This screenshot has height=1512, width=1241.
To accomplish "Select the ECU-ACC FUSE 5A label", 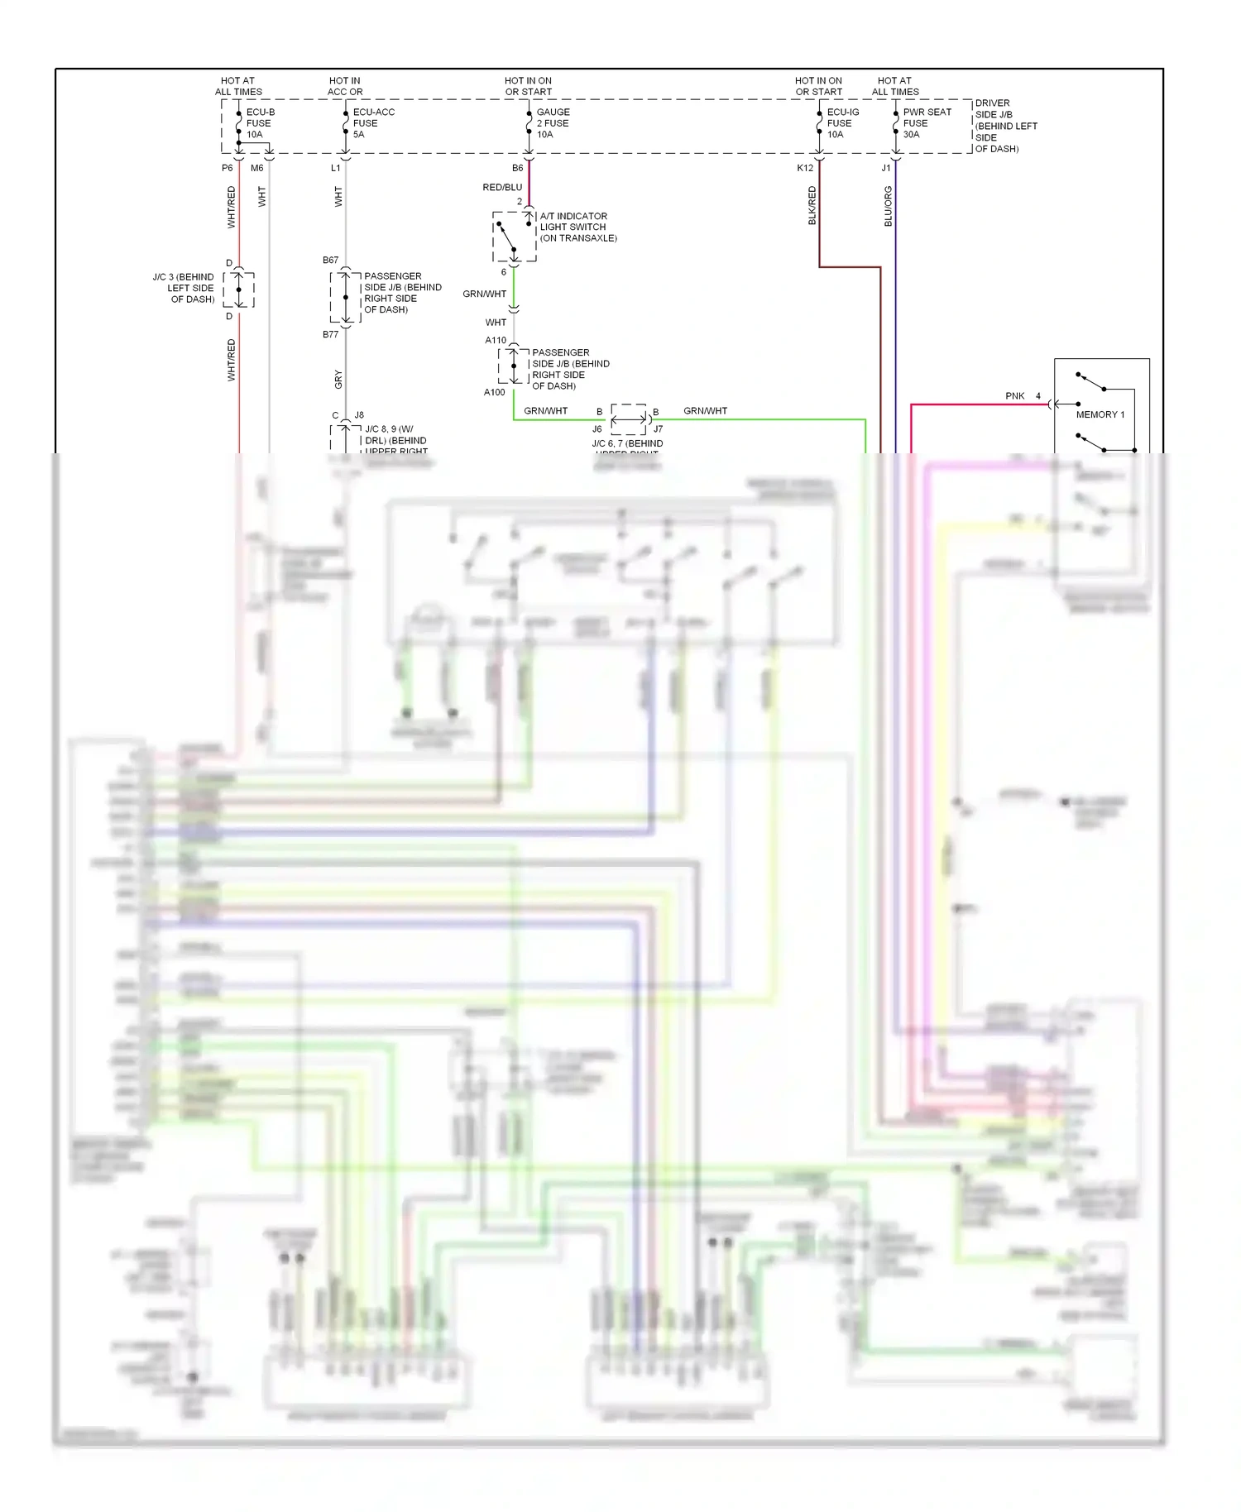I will pyautogui.click(x=372, y=123).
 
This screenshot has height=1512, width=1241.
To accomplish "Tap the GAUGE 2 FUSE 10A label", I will pyautogui.click(x=553, y=123).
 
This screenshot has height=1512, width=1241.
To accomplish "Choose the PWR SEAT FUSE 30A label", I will pyautogui.click(x=926, y=123).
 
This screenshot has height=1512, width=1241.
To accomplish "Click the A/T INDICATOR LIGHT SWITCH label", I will pyautogui.click(x=577, y=227).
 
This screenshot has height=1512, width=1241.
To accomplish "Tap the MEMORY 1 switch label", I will pyautogui.click(x=1100, y=414).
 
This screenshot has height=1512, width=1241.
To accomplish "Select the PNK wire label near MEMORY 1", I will pyautogui.click(x=1014, y=396).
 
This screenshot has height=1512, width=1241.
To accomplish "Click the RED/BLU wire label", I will pyautogui.click(x=502, y=188).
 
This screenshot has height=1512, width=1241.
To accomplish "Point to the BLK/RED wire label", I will pyautogui.click(x=812, y=205).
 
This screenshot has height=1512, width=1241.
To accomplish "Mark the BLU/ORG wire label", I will pyautogui.click(x=888, y=206).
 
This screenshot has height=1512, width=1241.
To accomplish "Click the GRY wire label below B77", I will pyautogui.click(x=338, y=380).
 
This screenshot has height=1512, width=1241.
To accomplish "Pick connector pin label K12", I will pyautogui.click(x=805, y=168).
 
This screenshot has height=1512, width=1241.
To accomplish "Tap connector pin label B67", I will pyautogui.click(x=330, y=260).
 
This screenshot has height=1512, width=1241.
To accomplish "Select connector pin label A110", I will pyautogui.click(x=496, y=340).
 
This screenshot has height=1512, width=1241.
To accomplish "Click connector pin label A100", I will pyautogui.click(x=494, y=392).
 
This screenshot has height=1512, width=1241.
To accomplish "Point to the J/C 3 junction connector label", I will pyautogui.click(x=184, y=288).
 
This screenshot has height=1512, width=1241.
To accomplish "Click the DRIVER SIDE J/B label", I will pyautogui.click(x=1004, y=126).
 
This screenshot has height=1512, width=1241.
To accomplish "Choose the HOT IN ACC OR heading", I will pyautogui.click(x=345, y=86).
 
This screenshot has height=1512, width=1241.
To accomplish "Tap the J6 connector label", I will pyautogui.click(x=597, y=429).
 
